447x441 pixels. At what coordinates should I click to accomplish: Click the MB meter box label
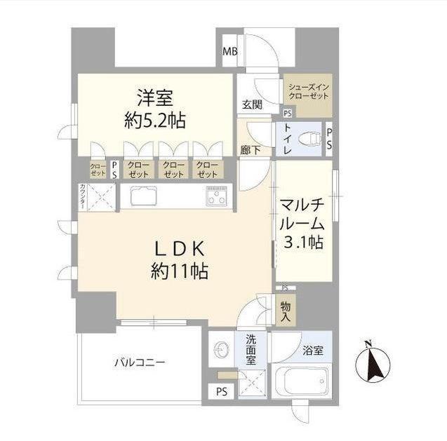pos(229,52)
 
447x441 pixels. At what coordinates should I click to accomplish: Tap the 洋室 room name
pos(155,97)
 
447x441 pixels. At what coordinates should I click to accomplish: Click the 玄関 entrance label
pos(253,104)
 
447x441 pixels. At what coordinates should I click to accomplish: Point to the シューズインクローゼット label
pos(308,90)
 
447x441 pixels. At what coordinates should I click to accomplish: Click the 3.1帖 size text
pos(303,243)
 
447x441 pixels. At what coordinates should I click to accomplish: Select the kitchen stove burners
pos(216,196)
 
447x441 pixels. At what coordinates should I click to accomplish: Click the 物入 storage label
pos(286,312)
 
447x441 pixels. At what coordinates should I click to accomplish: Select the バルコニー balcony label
pos(140,362)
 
